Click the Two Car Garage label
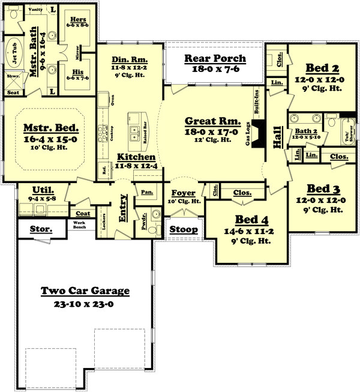[85, 291]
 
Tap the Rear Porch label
[215, 58]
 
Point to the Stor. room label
[41, 229]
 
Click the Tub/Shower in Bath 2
[347, 131]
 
